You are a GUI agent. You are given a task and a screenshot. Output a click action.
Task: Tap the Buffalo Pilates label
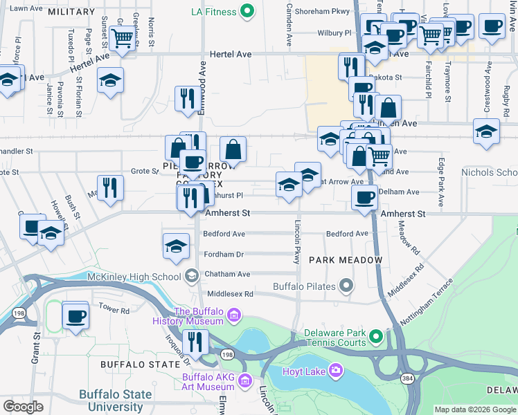pyautogui.click(x=305, y=286)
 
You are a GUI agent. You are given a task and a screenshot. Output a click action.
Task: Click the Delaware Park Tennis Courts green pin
pyautogui.click(x=376, y=338)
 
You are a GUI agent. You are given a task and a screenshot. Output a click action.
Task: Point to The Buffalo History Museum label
pyautogui.click(x=199, y=316)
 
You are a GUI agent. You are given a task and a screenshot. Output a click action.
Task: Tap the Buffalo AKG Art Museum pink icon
pyautogui.click(x=244, y=380)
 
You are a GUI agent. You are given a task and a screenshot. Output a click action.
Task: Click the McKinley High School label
pyautogui.click(x=134, y=277)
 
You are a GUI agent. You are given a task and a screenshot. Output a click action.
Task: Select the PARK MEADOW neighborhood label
pyautogui.click(x=346, y=259)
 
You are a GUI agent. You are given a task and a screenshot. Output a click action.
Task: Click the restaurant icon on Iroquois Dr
pyautogui.click(x=195, y=341)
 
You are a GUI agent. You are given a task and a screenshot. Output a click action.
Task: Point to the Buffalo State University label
pyautogui.click(x=115, y=400)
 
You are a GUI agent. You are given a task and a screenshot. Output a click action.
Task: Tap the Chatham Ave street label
pyautogui.click(x=226, y=274)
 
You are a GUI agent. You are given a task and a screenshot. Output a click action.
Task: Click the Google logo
pyautogui.click(x=23, y=407)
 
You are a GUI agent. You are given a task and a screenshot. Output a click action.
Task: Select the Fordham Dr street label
pyautogui.click(x=224, y=254)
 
